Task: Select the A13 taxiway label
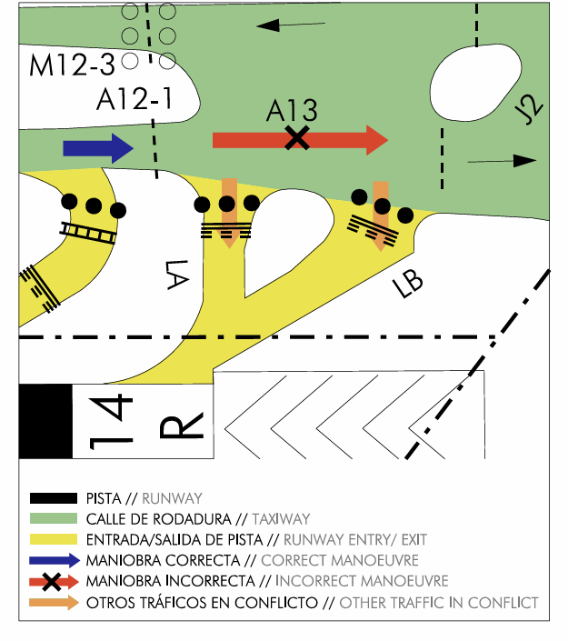pos(292,111)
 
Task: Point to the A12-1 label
pos(135,97)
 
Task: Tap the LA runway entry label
pos(177,274)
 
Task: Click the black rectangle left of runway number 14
pos(45,422)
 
